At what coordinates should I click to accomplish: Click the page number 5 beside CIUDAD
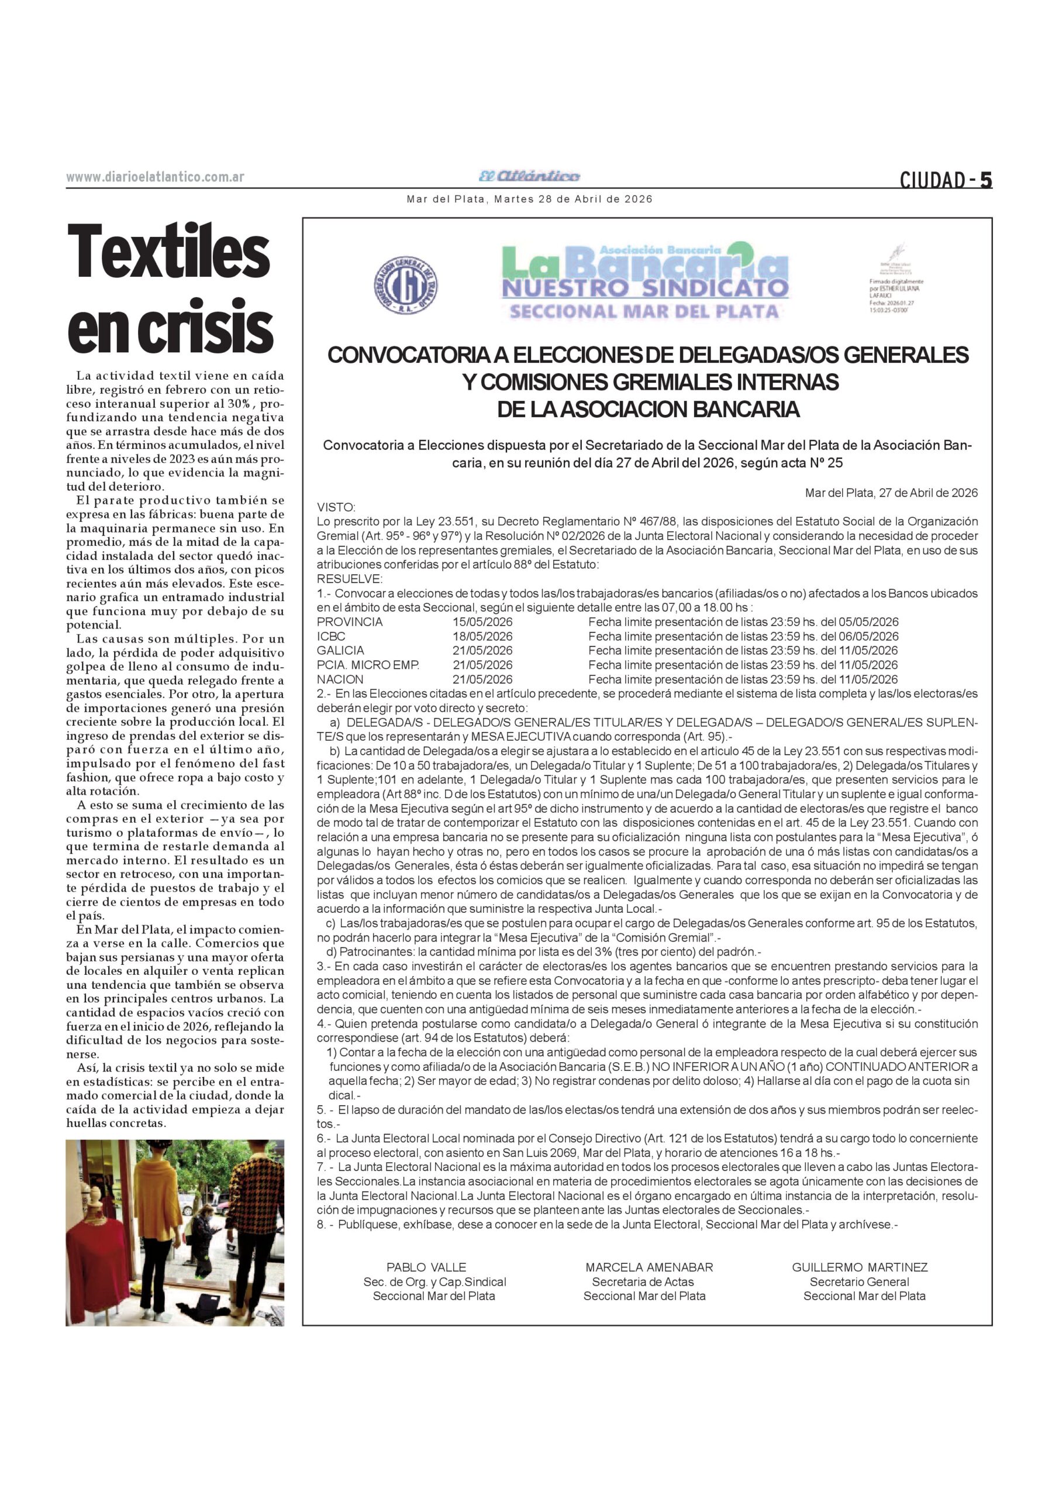coord(985,179)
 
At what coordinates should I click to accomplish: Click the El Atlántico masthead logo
coord(529,176)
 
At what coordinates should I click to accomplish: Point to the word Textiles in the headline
coord(169,252)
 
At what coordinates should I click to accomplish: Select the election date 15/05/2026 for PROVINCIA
coord(482,622)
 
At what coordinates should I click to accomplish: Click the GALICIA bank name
coord(340,651)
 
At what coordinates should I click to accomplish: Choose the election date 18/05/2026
coord(482,636)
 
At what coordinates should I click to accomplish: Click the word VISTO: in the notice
coord(336,507)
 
